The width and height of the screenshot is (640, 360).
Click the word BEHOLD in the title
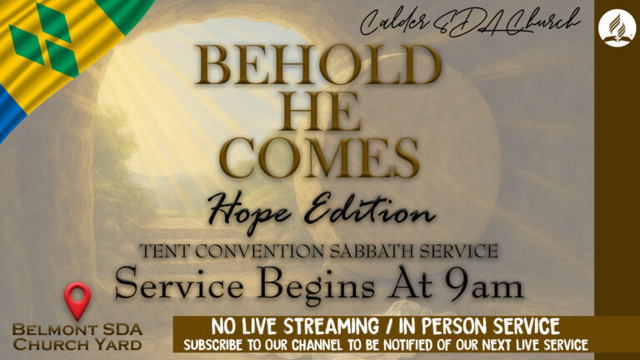[318, 64]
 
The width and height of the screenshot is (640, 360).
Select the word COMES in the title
[319, 157]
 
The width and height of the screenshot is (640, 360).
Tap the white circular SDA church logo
[617, 27]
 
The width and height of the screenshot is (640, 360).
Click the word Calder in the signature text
[395, 22]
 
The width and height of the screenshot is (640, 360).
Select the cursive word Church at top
[542, 22]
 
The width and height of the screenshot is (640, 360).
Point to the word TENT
[165, 251]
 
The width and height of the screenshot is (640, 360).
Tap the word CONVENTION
[260, 251]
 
